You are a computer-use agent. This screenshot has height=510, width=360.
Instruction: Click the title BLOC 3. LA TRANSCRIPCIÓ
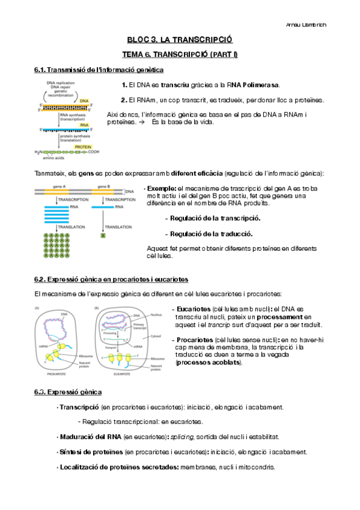click(180, 40)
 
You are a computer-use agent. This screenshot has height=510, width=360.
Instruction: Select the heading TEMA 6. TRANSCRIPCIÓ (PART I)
click(180, 55)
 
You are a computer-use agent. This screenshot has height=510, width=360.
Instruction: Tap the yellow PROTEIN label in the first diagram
click(83, 146)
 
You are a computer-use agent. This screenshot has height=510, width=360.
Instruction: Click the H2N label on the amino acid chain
click(39, 153)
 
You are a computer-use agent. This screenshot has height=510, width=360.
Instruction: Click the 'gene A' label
click(59, 186)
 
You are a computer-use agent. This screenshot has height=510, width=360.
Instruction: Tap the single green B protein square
click(103, 235)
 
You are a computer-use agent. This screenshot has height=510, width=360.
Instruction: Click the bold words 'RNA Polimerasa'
click(253, 85)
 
